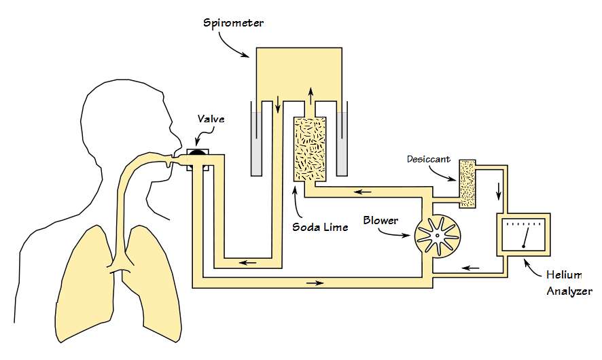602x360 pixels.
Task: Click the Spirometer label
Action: tap(233, 23)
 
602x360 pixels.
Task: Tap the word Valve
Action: tap(211, 119)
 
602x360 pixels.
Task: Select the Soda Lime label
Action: tap(320, 227)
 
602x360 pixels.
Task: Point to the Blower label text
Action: tap(380, 220)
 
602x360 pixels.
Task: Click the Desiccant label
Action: tap(428, 160)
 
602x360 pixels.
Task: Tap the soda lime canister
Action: tap(309, 149)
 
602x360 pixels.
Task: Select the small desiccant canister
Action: tap(467, 183)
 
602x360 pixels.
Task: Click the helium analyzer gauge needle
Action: tap(525, 237)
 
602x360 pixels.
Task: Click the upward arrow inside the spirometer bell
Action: tap(311, 94)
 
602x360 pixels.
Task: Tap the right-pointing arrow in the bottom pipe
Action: tap(315, 281)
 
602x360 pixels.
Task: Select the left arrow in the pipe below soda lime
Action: tap(359, 193)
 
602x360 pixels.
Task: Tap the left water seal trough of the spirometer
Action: tap(255, 143)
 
